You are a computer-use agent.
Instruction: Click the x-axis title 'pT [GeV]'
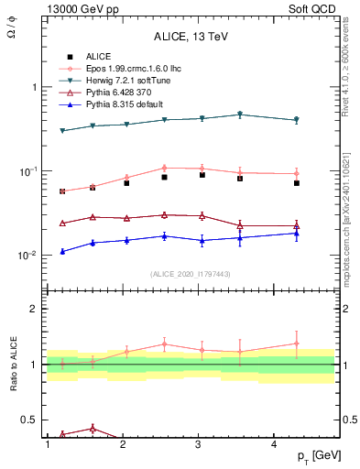(314, 456)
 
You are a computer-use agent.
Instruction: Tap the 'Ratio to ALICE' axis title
(16, 365)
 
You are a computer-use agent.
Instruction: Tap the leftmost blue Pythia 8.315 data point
(62, 251)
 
